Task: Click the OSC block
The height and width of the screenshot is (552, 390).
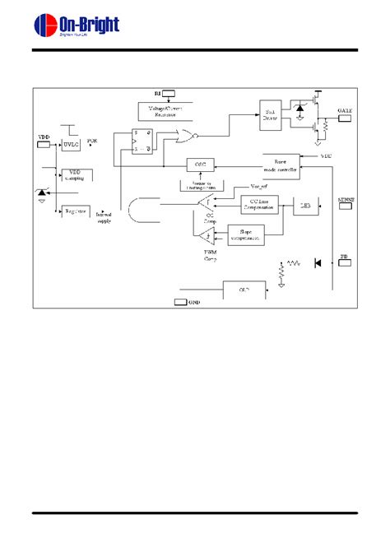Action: pos(198,164)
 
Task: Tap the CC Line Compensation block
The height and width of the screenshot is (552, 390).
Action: pos(258,205)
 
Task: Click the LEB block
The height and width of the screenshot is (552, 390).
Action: pos(306,205)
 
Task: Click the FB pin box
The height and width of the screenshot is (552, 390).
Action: pos(344,263)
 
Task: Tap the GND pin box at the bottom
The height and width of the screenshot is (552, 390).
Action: pos(181,302)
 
